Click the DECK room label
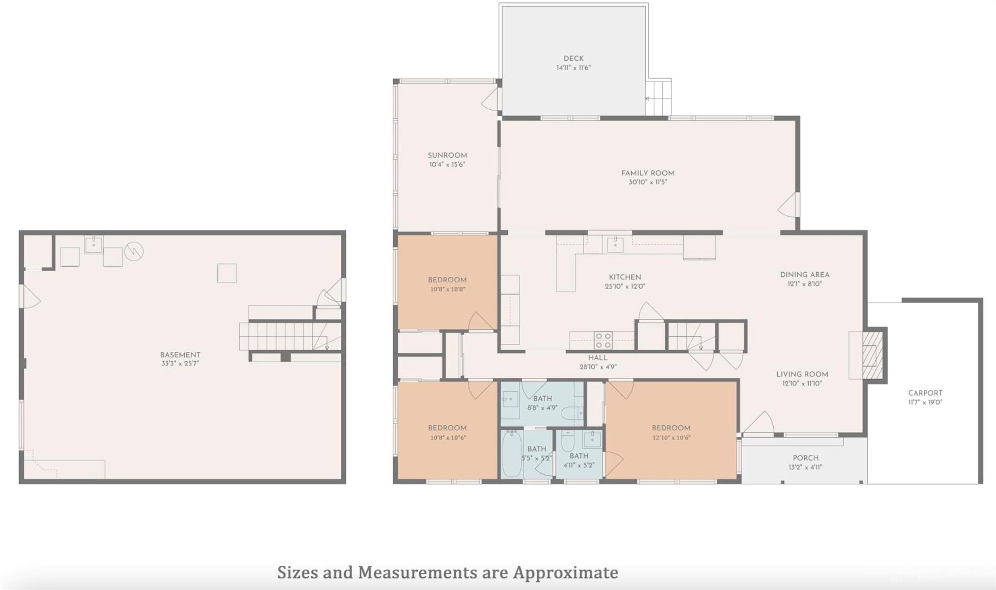(x=573, y=58)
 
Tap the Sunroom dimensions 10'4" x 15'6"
(x=447, y=165)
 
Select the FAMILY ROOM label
(x=647, y=173)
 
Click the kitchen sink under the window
(x=615, y=244)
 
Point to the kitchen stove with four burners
(x=603, y=340)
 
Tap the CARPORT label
(x=925, y=393)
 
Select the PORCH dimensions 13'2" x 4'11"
(x=805, y=468)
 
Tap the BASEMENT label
(x=180, y=355)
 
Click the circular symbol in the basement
(x=134, y=251)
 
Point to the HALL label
(x=598, y=358)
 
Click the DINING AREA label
(x=804, y=275)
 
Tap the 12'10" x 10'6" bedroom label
(x=671, y=428)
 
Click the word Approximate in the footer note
(x=566, y=573)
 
